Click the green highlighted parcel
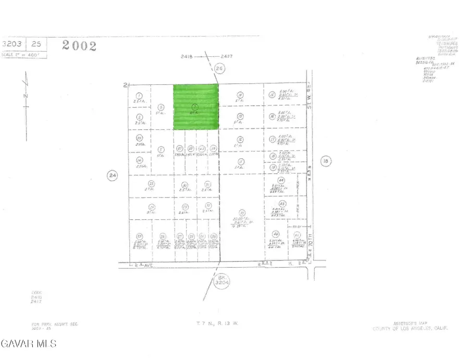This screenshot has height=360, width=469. coord(196,107)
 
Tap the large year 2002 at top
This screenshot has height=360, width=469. coord(79,45)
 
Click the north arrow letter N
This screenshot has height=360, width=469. coord(26,97)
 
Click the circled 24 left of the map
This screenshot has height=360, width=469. coord(112,176)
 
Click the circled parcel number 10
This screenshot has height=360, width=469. coord(241,213)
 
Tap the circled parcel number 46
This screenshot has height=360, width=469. coord(276,234)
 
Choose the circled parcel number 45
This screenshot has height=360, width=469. coord(282,204)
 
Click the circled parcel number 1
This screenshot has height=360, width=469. coord(139,95)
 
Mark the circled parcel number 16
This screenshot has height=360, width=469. coord(272,117)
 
